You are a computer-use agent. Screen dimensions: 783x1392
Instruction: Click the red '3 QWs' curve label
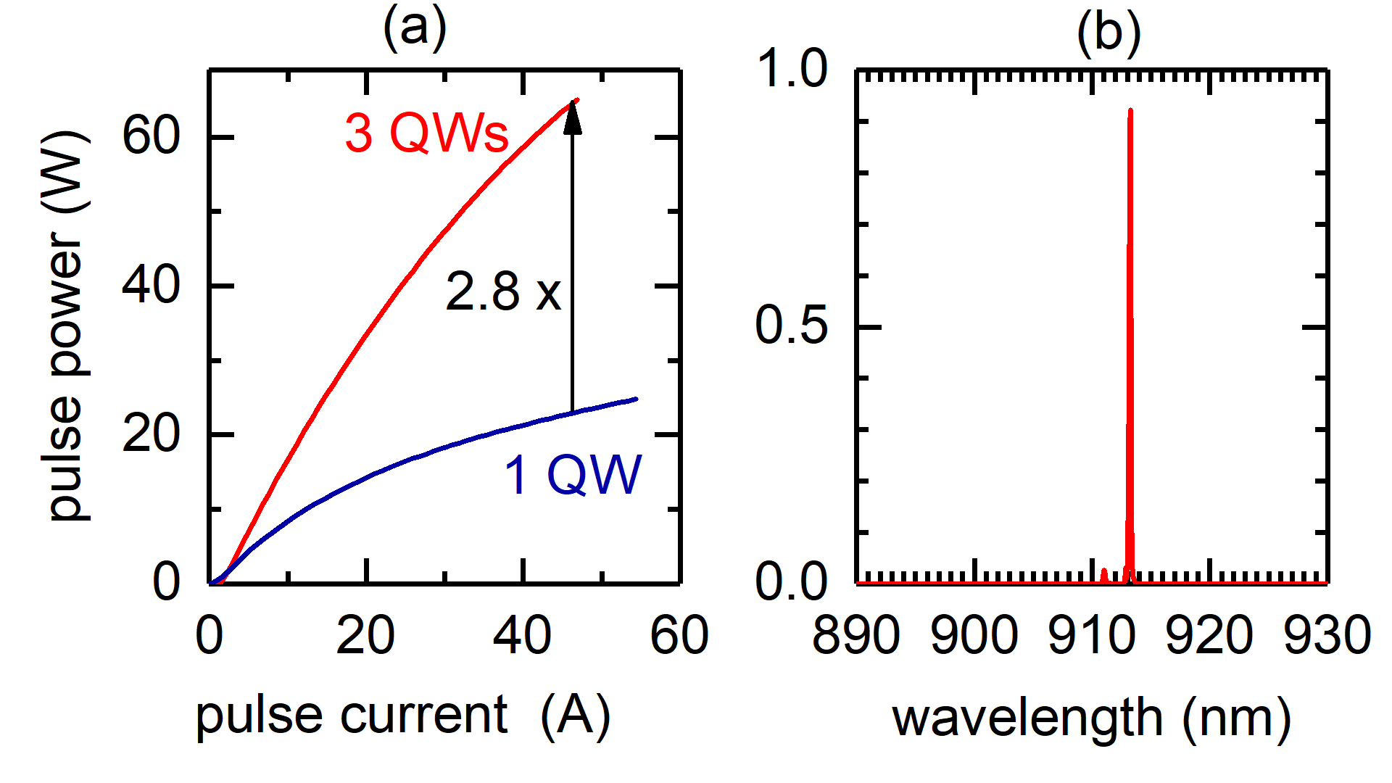click(426, 134)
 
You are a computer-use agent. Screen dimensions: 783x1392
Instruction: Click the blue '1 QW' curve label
click(573, 476)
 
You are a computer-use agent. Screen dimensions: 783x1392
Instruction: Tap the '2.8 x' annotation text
click(503, 292)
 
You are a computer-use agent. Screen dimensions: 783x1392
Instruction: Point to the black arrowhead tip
click(573, 102)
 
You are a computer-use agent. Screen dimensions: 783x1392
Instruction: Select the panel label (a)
click(415, 29)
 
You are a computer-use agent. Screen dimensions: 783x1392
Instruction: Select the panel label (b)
click(1109, 33)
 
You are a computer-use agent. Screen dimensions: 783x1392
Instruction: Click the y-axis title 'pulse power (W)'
click(67, 326)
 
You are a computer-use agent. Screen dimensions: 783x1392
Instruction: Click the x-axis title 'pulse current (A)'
click(403, 716)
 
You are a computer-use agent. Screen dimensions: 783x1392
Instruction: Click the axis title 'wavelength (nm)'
click(1091, 718)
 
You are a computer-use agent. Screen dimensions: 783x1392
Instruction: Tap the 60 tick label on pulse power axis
click(151, 136)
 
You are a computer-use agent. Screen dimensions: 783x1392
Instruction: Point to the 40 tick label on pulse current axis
click(522, 636)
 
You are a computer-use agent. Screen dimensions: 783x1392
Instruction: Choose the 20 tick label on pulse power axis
click(151, 435)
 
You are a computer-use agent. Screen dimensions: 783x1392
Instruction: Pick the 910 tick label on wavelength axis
click(1091, 636)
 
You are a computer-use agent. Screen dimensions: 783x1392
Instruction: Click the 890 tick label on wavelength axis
click(855, 636)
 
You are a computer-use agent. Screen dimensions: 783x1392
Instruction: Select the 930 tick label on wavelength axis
click(1326, 636)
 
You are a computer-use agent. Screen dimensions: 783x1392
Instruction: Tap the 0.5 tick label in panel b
click(791, 326)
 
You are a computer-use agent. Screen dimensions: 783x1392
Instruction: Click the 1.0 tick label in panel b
click(791, 70)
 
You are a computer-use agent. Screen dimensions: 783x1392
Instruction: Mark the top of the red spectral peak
click(1130, 111)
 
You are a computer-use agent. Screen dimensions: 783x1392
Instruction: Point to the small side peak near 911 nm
click(1104, 572)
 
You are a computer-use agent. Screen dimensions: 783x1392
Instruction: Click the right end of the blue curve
click(636, 399)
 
